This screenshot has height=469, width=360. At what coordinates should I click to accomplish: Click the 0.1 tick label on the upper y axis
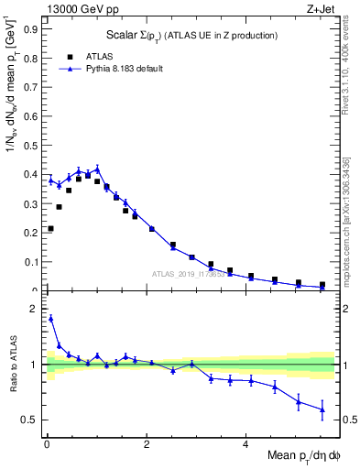[x=30, y=262]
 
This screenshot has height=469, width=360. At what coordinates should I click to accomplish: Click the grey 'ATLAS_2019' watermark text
[x=188, y=273]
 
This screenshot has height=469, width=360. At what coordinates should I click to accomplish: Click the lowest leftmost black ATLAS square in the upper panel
[x=50, y=228]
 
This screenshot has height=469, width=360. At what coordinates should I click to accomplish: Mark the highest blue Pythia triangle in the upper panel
[x=97, y=169]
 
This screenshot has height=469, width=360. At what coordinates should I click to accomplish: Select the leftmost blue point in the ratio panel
[x=50, y=318]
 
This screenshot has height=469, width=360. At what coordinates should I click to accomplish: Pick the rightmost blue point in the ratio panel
[x=322, y=409]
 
